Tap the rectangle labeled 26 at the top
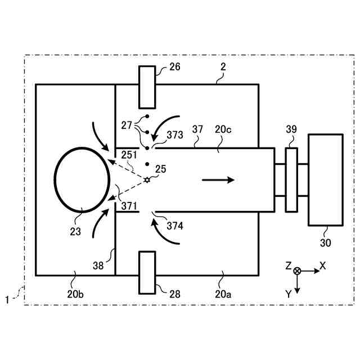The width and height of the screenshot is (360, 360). coord(147,87)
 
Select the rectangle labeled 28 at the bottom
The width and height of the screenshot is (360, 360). coord(147,272)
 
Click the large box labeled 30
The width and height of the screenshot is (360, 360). coord(325,179)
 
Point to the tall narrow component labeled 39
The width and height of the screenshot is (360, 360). coord(291,179)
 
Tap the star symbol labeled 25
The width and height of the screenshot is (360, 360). coord(147,180)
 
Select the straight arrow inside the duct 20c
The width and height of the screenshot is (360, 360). coord(218,180)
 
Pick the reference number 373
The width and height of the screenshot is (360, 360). coord(176,134)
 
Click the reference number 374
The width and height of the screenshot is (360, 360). coord(176,226)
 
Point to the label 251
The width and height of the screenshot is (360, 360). coord(129,154)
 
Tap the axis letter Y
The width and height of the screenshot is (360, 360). coord(288,294)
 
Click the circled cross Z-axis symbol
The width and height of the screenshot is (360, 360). coord(297,271)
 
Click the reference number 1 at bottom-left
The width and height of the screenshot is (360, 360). coord(7,300)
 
